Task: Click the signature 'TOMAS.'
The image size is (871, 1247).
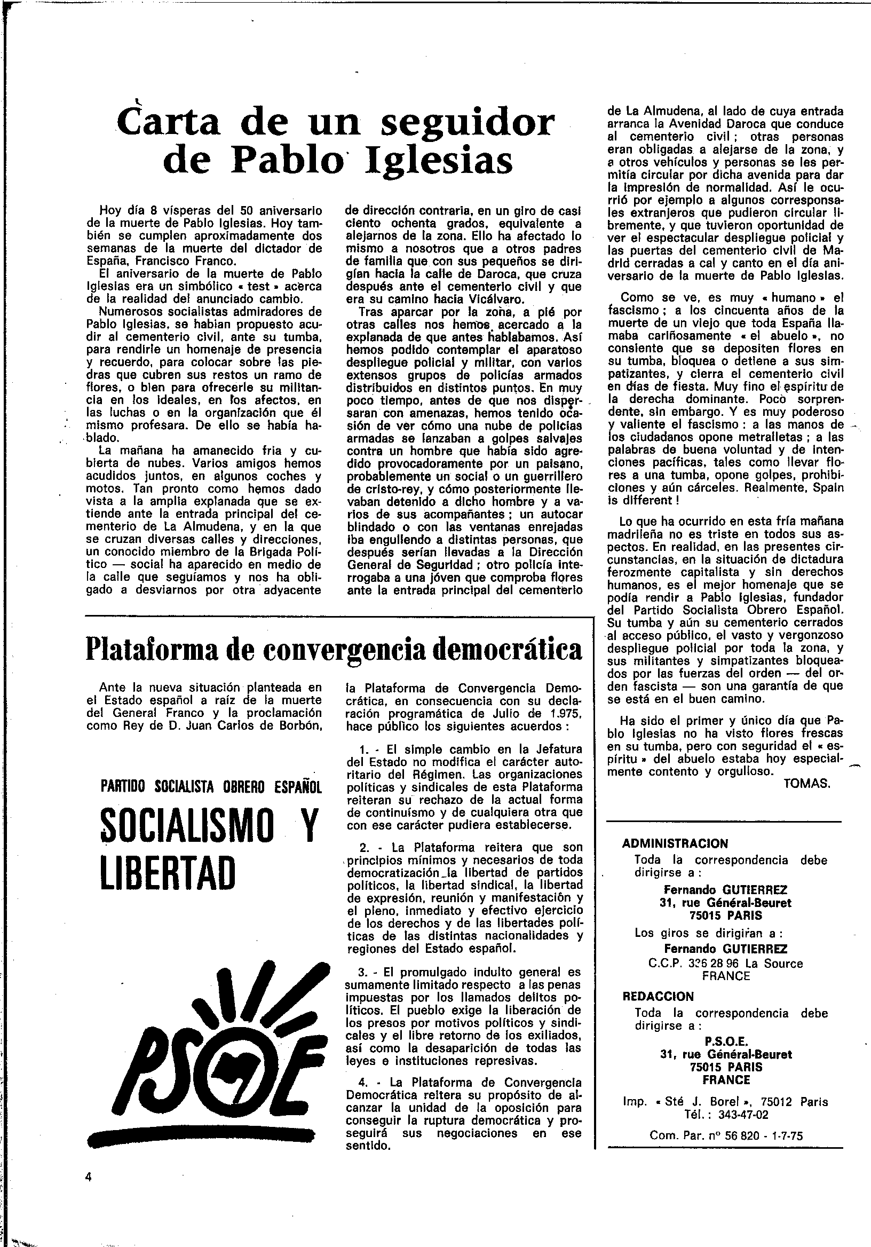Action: [807, 784]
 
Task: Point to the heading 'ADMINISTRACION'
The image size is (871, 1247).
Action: [675, 843]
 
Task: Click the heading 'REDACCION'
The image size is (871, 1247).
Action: [658, 997]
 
